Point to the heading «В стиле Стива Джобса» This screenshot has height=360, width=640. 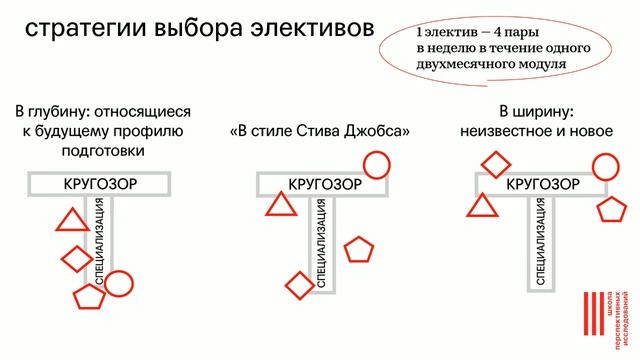320,131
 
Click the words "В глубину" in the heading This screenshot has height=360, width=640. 57,112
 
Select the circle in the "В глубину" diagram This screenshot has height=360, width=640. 118,284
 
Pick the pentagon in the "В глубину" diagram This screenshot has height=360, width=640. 88,298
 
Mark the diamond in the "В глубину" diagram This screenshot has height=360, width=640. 76,258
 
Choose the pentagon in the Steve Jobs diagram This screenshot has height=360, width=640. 358,249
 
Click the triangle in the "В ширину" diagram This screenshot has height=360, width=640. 484,205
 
